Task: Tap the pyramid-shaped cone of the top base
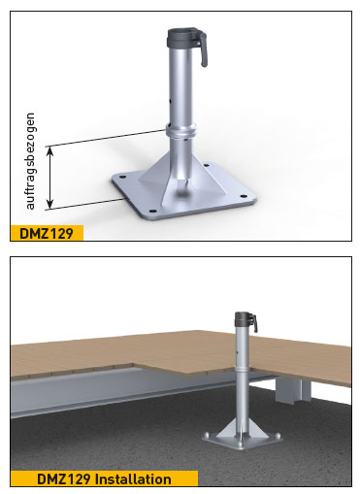click(182, 180)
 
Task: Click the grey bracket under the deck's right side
click(288, 391)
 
